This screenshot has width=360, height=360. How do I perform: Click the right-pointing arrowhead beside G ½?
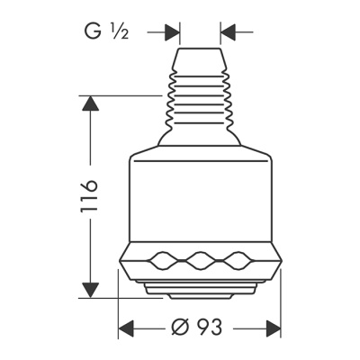click(171, 32)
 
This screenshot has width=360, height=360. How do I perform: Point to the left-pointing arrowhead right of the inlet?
click(226, 32)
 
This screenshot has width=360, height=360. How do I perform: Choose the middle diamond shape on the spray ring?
click(200, 262)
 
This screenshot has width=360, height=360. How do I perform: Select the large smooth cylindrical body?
click(200, 198)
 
